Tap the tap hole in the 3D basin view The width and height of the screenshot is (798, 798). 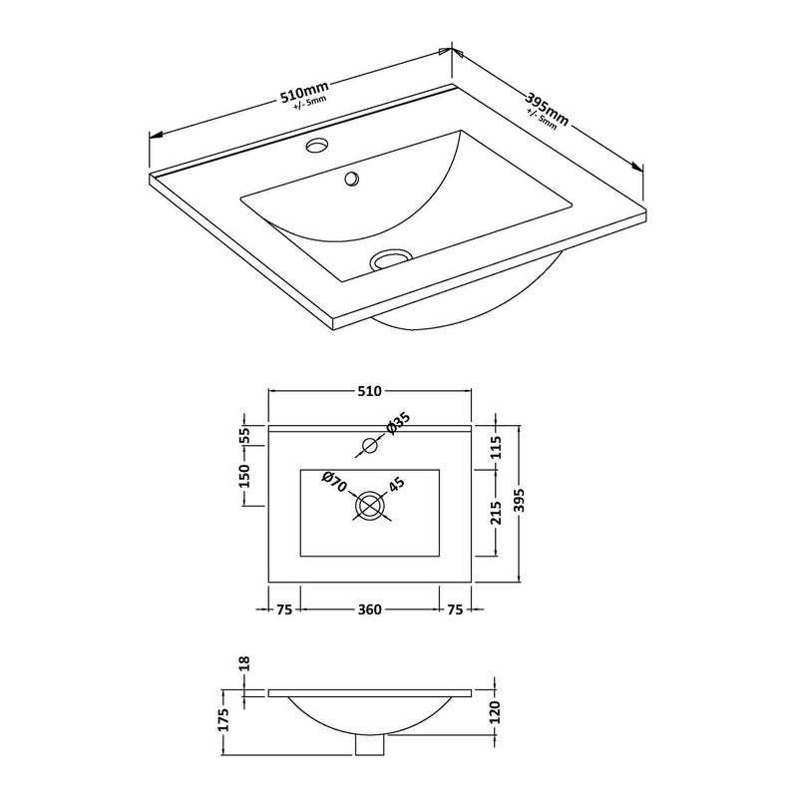[x=317, y=145]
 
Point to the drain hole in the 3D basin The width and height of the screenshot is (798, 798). [x=389, y=258]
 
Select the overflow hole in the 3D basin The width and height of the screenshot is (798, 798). [x=352, y=179]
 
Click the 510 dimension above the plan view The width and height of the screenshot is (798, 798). [x=369, y=391]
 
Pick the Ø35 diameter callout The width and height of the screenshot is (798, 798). [x=398, y=423]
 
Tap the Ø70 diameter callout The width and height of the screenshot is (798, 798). [x=334, y=482]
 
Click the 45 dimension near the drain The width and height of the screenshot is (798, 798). [x=396, y=485]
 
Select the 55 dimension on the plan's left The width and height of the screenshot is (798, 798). [x=244, y=436]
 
